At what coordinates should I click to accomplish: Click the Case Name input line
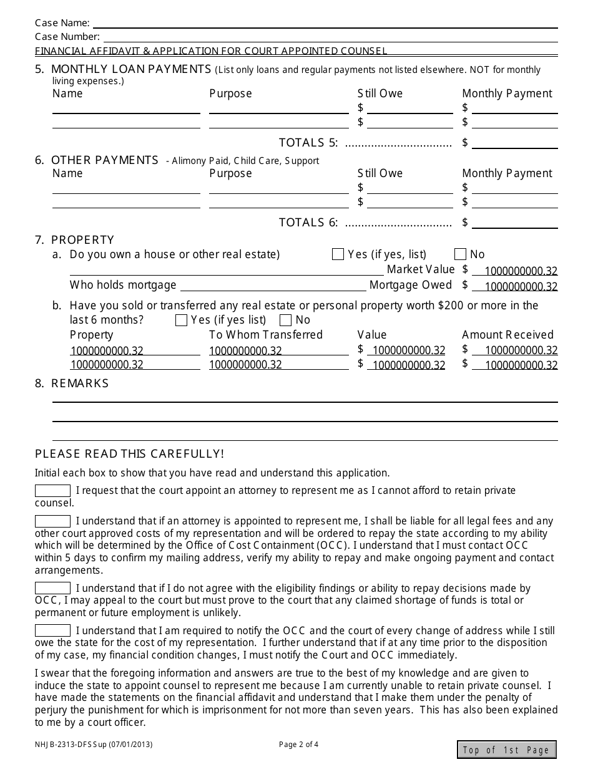tap(325, 23)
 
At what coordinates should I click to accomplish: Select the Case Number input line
tap(330, 37)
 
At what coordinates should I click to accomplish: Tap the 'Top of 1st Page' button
tap(506, 750)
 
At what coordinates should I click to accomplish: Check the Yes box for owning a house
tap(338, 254)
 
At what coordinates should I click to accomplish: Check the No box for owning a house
tap(461, 254)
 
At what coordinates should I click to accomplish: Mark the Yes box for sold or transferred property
tap(182, 321)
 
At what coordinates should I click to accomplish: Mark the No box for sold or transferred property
tap(286, 321)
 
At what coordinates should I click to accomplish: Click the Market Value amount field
tap(515, 271)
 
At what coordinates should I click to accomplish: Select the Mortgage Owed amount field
tap(515, 286)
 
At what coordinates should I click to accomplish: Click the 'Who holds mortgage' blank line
tap(273, 286)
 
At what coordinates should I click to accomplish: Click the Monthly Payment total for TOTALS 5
tap(515, 143)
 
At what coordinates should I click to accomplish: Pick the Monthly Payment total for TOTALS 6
tap(515, 223)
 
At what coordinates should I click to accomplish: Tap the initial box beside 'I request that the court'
tap(52, 491)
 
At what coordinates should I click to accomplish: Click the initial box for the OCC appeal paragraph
tap(52, 588)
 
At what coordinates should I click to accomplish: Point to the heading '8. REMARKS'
tap(72, 383)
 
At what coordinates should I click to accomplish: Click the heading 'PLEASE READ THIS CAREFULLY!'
tap(129, 454)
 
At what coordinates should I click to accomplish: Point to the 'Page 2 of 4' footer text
tap(298, 744)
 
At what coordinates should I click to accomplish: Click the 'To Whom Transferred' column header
tap(265, 335)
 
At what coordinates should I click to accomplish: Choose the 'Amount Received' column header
tap(507, 335)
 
